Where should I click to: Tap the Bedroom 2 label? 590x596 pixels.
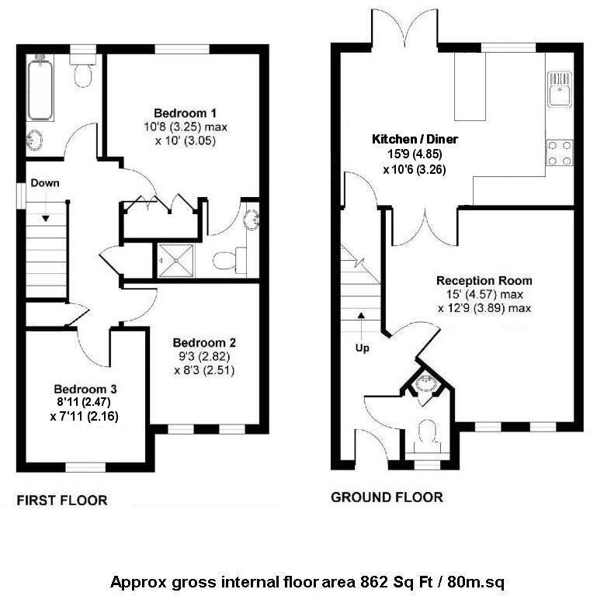(204, 342)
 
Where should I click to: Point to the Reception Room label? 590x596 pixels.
(484, 280)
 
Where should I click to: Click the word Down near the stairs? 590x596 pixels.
(45, 183)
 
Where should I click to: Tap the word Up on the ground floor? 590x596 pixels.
(362, 347)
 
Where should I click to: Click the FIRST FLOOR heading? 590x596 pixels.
(62, 501)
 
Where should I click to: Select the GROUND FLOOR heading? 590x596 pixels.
(387, 497)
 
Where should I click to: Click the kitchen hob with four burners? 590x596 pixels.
(560, 152)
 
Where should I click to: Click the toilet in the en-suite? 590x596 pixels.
(227, 260)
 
